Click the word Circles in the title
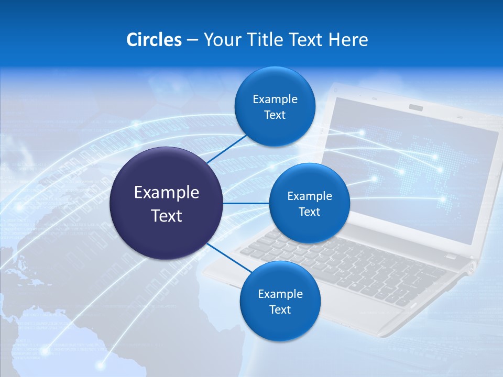point(154,40)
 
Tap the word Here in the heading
point(348,40)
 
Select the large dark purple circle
point(167,203)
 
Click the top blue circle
point(275,107)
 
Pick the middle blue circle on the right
point(309,203)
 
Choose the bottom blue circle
point(280,301)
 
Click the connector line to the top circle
point(226,149)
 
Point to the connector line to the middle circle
point(246,203)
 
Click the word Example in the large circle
point(167,192)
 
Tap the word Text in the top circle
point(275,115)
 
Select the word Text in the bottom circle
point(280,309)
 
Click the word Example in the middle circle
point(309,196)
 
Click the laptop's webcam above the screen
point(416,107)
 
